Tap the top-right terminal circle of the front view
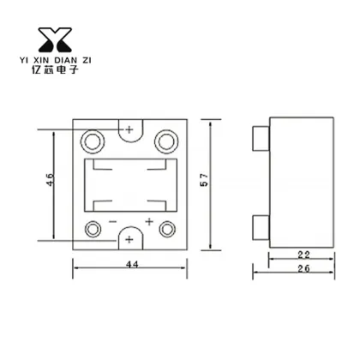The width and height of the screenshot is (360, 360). (166, 139)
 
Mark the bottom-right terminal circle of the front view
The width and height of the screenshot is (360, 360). (165, 229)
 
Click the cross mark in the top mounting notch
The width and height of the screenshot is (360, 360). (129, 129)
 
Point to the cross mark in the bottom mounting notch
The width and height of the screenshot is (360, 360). (129, 239)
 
